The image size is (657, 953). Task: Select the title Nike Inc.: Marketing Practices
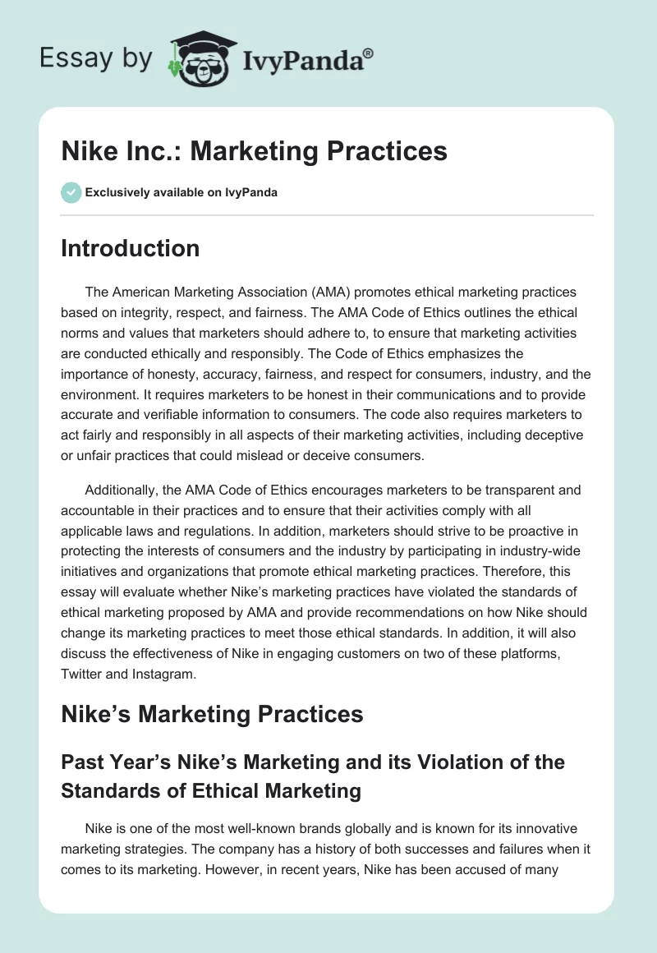point(254,151)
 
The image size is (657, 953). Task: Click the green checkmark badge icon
point(71,192)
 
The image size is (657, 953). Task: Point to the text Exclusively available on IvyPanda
point(181,192)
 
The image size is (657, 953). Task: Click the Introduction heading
point(130,248)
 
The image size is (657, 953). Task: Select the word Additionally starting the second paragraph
point(123,490)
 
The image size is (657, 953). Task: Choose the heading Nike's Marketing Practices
point(212,714)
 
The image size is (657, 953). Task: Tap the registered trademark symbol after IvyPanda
point(369,53)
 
